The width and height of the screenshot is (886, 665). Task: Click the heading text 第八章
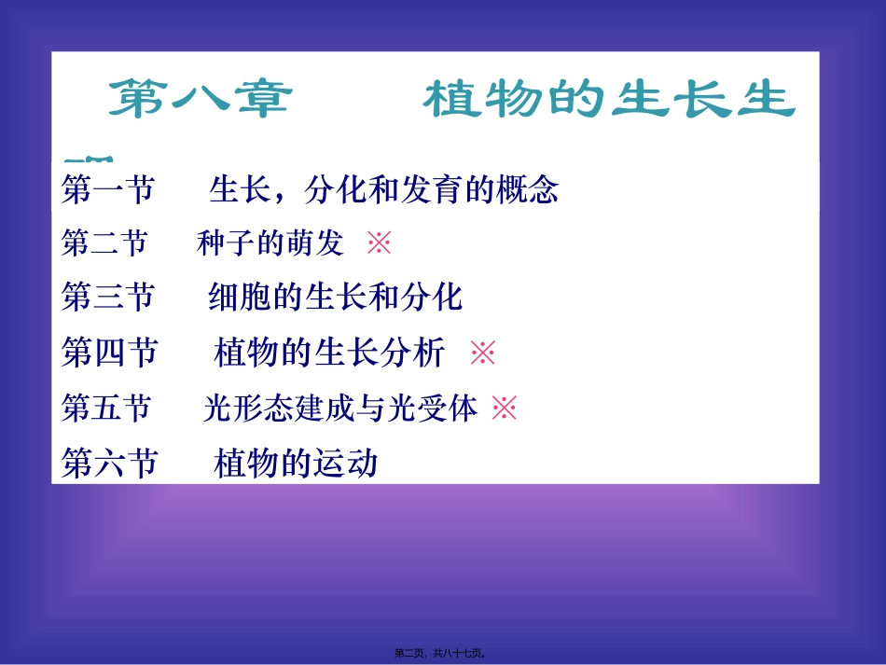(200, 100)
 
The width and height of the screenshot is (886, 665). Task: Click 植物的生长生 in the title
(609, 100)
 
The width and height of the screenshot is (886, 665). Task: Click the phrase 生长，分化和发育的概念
(383, 190)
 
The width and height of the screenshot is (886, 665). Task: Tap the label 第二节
(104, 244)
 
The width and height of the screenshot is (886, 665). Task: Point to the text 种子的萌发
(270, 244)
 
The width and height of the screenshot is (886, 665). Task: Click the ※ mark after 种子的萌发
(379, 244)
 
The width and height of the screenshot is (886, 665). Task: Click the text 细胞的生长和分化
(335, 298)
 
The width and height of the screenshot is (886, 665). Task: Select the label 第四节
(109, 353)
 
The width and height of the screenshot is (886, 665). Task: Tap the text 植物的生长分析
(329, 353)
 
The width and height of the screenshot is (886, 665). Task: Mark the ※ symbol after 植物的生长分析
(482, 353)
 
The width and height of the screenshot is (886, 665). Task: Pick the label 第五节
(106, 408)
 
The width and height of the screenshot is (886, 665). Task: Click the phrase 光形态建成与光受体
(340, 408)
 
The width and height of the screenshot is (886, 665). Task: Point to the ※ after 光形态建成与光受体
(504, 408)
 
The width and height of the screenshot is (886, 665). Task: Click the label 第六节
(109, 463)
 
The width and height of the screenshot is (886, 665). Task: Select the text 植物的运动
(296, 463)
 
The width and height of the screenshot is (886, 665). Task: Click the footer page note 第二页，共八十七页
(442, 654)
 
